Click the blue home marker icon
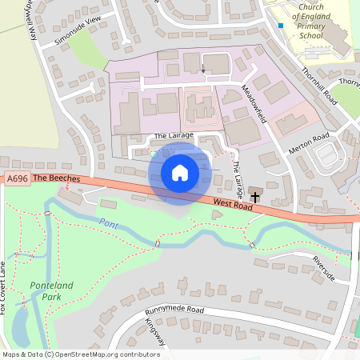(180, 172)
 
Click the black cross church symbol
(254, 196)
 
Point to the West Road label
(233, 205)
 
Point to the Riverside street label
(324, 268)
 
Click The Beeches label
(53, 178)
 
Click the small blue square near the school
(281, 26)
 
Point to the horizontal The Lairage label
(174, 136)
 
